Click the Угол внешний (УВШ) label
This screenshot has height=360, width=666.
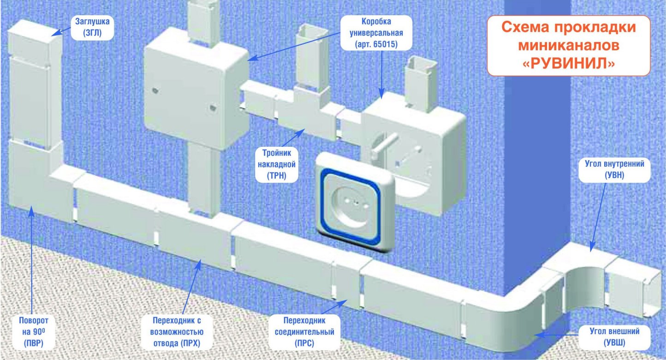(614, 336)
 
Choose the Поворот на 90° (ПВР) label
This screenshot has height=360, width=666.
(33, 331)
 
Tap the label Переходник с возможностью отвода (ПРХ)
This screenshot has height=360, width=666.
(178, 331)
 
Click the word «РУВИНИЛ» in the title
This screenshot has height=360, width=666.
(569, 63)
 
